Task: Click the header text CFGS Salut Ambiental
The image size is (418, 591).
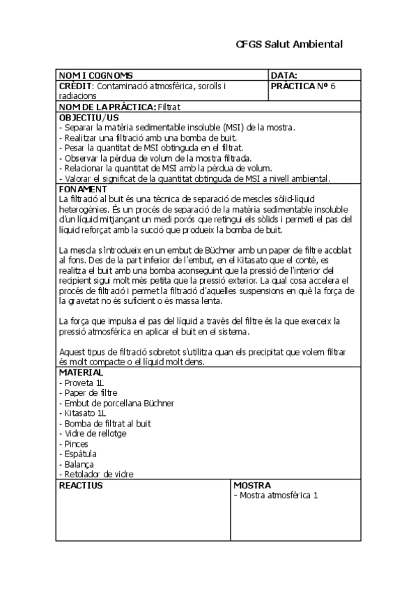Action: [x=289, y=44]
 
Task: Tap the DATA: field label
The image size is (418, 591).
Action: [x=284, y=75]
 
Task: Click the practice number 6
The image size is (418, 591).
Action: [x=333, y=86]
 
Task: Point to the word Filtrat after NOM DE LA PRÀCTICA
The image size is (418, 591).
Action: [x=169, y=107]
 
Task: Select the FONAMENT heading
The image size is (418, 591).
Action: [x=84, y=190]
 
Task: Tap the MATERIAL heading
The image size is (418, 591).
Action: [x=82, y=373]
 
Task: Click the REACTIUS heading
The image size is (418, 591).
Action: [x=81, y=485]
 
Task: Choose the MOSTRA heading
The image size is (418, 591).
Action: [x=252, y=485]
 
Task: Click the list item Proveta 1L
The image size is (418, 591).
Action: [x=84, y=383]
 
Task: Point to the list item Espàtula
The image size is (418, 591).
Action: [x=79, y=454]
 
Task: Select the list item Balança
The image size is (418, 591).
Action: [x=79, y=464]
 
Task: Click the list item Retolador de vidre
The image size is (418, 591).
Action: [x=98, y=474]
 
